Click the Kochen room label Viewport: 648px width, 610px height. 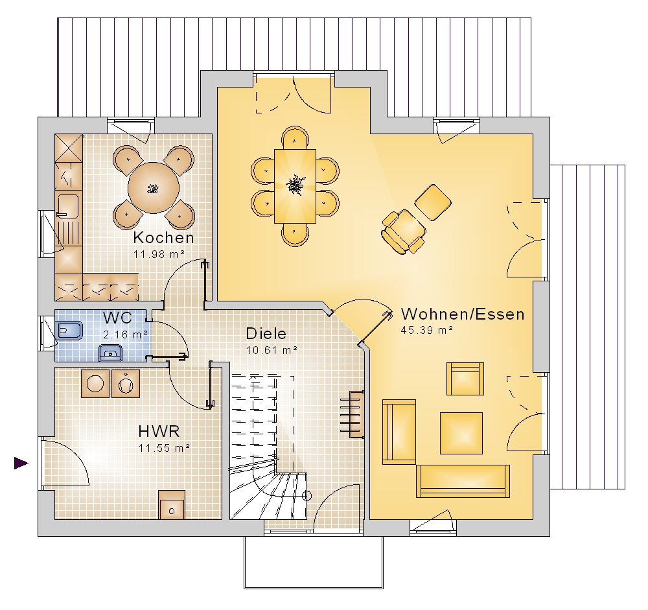(164, 238)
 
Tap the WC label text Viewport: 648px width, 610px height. (118, 318)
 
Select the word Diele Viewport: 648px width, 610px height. (266, 333)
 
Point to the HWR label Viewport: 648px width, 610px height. (159, 431)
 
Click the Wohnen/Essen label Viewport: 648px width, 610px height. (463, 314)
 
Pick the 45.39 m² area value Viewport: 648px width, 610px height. (427, 330)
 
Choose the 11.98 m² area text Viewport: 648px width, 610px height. (159, 254)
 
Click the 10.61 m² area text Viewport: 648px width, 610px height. (272, 350)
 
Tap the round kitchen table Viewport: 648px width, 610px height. (154, 188)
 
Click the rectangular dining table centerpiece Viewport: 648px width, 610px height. (295, 185)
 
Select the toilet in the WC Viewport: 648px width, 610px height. (69, 331)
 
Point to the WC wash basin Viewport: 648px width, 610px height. (110, 353)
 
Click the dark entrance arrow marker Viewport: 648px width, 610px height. (21, 463)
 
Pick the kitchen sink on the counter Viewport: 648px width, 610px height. (68, 205)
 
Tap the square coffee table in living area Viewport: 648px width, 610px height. (461, 433)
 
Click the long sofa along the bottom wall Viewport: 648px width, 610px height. (463, 481)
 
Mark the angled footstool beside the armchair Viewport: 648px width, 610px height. (433, 203)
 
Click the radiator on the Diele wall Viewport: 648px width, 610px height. (352, 414)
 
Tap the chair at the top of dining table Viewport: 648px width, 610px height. (295, 138)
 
